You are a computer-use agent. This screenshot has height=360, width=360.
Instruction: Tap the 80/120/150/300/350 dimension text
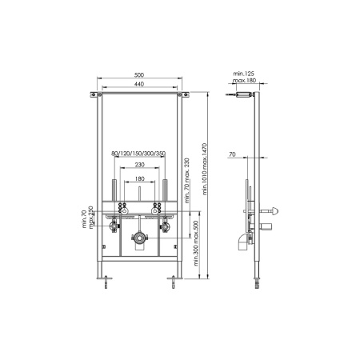click(139, 154)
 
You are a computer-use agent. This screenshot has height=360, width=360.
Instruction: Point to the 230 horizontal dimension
click(139, 164)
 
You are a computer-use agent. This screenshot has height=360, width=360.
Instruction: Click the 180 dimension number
click(139, 178)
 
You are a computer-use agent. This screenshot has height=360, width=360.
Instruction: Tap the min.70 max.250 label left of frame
click(89, 217)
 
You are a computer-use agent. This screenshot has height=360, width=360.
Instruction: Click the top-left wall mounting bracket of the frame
click(97, 98)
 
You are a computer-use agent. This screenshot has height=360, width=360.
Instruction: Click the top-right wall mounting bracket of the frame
click(182, 98)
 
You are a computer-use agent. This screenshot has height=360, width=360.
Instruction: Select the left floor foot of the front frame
click(106, 281)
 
